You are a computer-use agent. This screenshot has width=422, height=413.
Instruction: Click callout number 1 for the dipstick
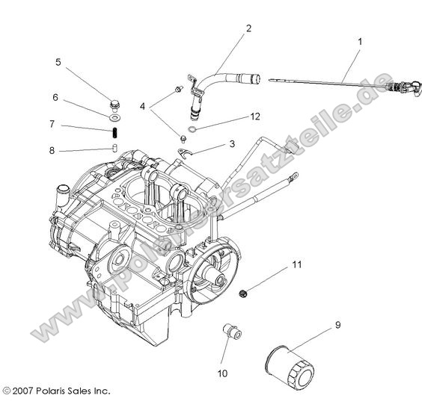coord(360,42)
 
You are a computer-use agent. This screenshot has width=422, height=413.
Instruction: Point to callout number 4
coord(142,106)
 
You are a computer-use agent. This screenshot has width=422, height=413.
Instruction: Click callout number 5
coord(58,62)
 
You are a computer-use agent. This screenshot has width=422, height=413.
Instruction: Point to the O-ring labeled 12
coord(192,131)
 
